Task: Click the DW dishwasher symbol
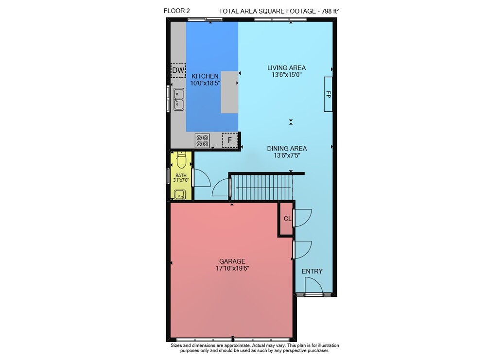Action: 178,70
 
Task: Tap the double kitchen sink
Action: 178,99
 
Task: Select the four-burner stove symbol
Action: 202,140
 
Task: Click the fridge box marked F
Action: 230,140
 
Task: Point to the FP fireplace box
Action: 328,94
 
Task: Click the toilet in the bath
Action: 181,159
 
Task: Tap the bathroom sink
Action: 180,194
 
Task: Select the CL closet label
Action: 287,219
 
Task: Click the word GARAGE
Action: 232,261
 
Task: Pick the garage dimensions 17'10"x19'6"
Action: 232,268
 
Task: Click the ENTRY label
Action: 312,272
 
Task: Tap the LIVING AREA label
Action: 286,68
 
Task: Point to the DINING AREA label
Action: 287,149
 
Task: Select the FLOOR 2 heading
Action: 177,11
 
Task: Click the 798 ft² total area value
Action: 330,11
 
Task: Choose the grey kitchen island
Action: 229,92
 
